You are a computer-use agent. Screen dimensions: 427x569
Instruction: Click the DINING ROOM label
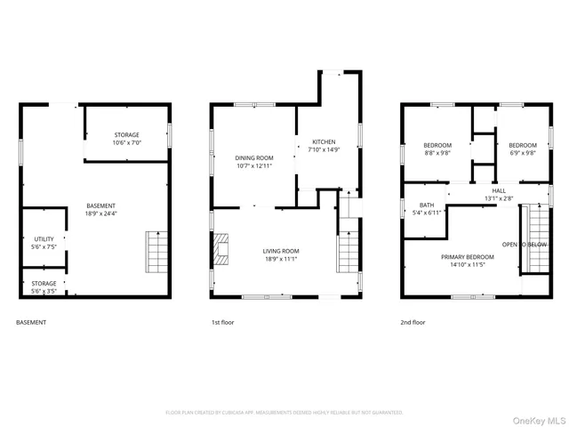(253, 157)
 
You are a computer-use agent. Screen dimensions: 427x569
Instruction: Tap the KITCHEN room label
(324, 141)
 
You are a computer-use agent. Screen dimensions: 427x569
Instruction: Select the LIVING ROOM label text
(280, 251)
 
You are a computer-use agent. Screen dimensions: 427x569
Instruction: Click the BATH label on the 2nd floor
(427, 205)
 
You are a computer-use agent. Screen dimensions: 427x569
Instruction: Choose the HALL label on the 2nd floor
(499, 190)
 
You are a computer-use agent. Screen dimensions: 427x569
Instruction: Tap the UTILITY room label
(44, 239)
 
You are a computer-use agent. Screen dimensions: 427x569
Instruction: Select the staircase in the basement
(156, 253)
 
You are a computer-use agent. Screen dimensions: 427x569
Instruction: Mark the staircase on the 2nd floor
(539, 238)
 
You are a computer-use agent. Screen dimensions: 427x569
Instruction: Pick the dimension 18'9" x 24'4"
(100, 213)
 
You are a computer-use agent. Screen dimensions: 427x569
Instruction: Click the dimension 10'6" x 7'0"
(126, 143)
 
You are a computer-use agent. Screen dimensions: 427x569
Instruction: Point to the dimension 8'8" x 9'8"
(437, 153)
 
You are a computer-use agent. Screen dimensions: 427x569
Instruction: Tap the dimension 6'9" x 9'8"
(522, 153)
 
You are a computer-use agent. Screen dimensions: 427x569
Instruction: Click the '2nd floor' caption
(413, 322)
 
